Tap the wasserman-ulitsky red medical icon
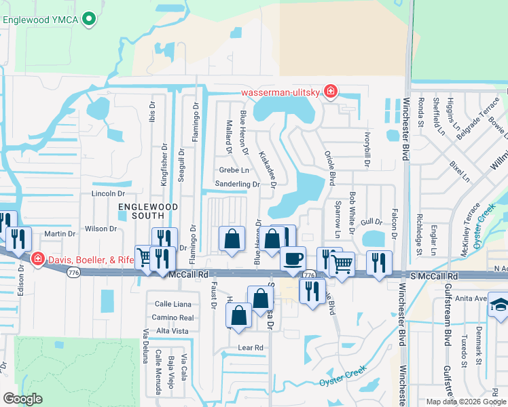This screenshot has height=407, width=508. [x=330, y=92]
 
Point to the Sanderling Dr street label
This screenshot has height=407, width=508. [x=237, y=184]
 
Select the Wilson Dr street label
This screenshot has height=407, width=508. [x=100, y=229]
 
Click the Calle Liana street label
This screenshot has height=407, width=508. [x=173, y=304]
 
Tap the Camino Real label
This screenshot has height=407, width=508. [x=173, y=317]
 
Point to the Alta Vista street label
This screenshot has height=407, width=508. [x=172, y=330]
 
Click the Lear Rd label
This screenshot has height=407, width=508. [x=250, y=347]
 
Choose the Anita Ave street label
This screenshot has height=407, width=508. [x=471, y=298]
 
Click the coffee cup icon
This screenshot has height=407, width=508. [x=293, y=258]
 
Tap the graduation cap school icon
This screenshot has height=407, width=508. [x=499, y=303]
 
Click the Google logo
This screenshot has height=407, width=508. [x=22, y=399]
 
